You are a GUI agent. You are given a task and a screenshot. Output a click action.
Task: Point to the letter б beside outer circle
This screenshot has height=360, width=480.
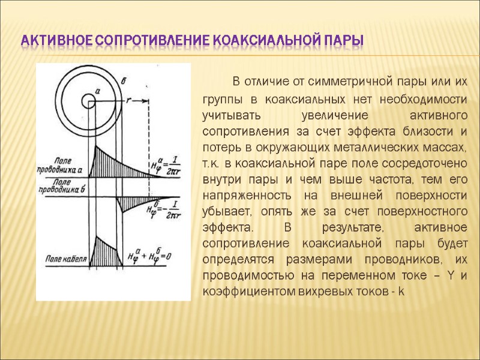(124, 80)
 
